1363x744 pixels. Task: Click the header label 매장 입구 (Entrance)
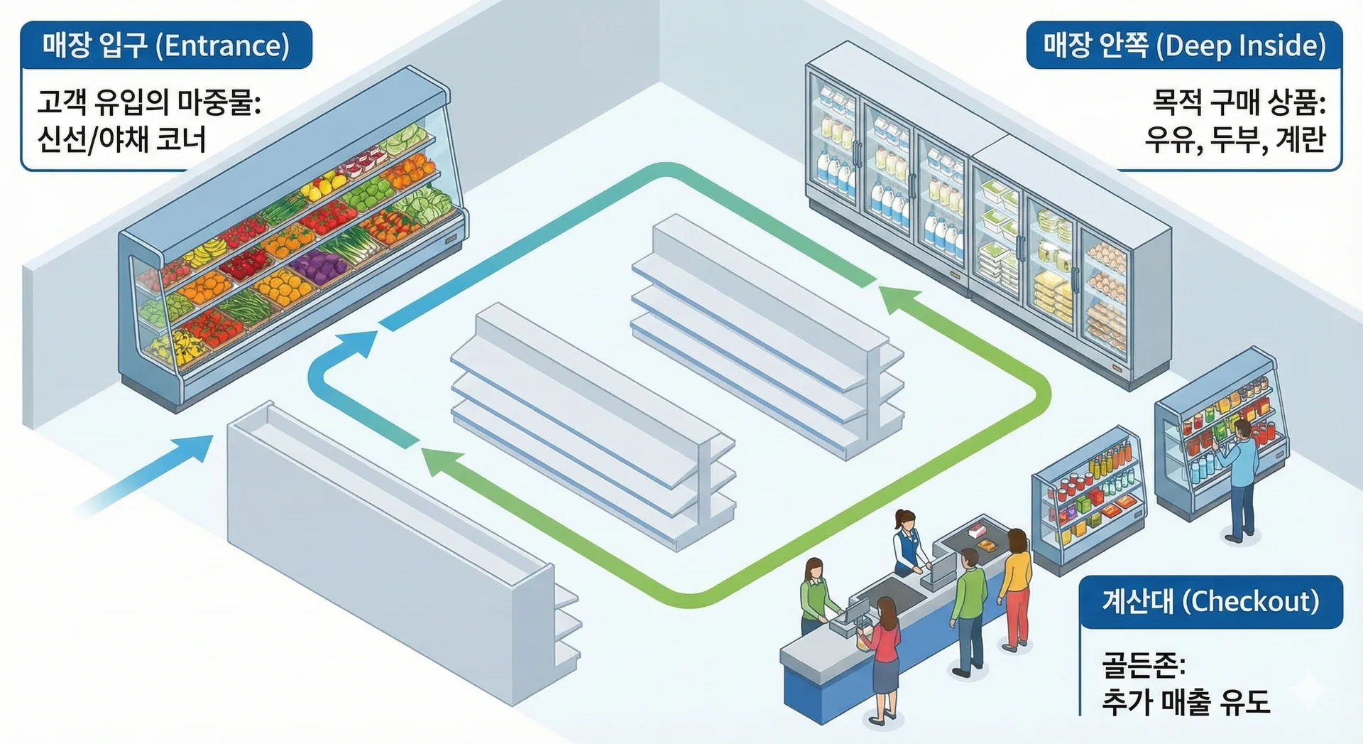(x=166, y=45)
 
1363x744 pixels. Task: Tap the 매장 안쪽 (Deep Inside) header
(x=1183, y=45)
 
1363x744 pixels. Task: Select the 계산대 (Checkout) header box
(x=1210, y=601)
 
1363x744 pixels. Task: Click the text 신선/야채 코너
(x=121, y=139)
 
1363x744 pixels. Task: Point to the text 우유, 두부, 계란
(x=1235, y=139)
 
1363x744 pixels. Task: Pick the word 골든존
(x=1143, y=666)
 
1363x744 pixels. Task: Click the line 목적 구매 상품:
(x=1239, y=102)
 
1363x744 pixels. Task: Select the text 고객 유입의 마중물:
(x=150, y=102)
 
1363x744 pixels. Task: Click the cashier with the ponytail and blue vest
(x=907, y=544)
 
